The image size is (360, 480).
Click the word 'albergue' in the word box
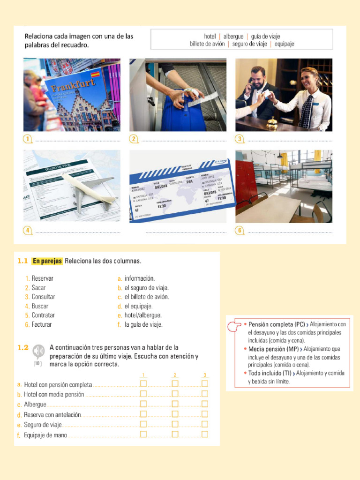(x=233, y=36)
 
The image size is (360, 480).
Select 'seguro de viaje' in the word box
(x=249, y=44)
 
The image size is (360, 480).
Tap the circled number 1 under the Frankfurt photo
(x=28, y=139)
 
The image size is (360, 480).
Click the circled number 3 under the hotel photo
(x=240, y=139)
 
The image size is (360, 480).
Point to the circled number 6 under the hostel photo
(x=240, y=230)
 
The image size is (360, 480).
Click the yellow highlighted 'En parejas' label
(x=47, y=261)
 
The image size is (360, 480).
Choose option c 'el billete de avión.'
(x=146, y=297)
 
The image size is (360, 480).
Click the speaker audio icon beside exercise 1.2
(x=38, y=351)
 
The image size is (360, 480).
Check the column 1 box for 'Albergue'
(x=143, y=404)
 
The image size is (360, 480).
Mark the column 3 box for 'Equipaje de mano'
(x=205, y=435)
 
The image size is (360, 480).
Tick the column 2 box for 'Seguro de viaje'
(x=175, y=424)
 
